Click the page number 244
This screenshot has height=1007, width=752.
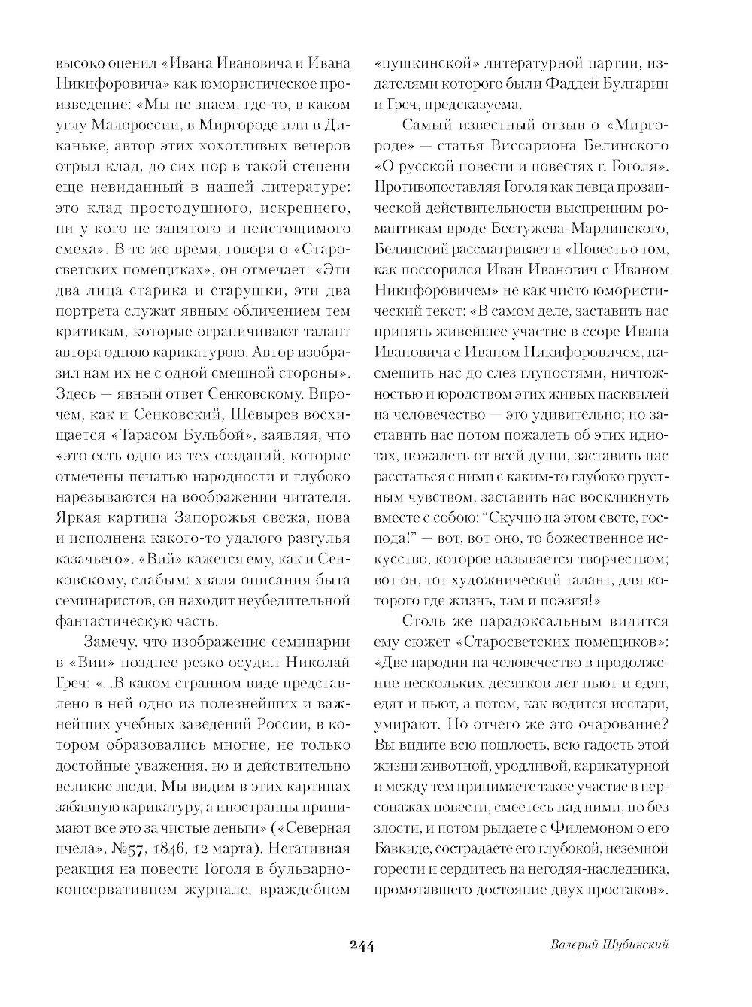362,945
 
